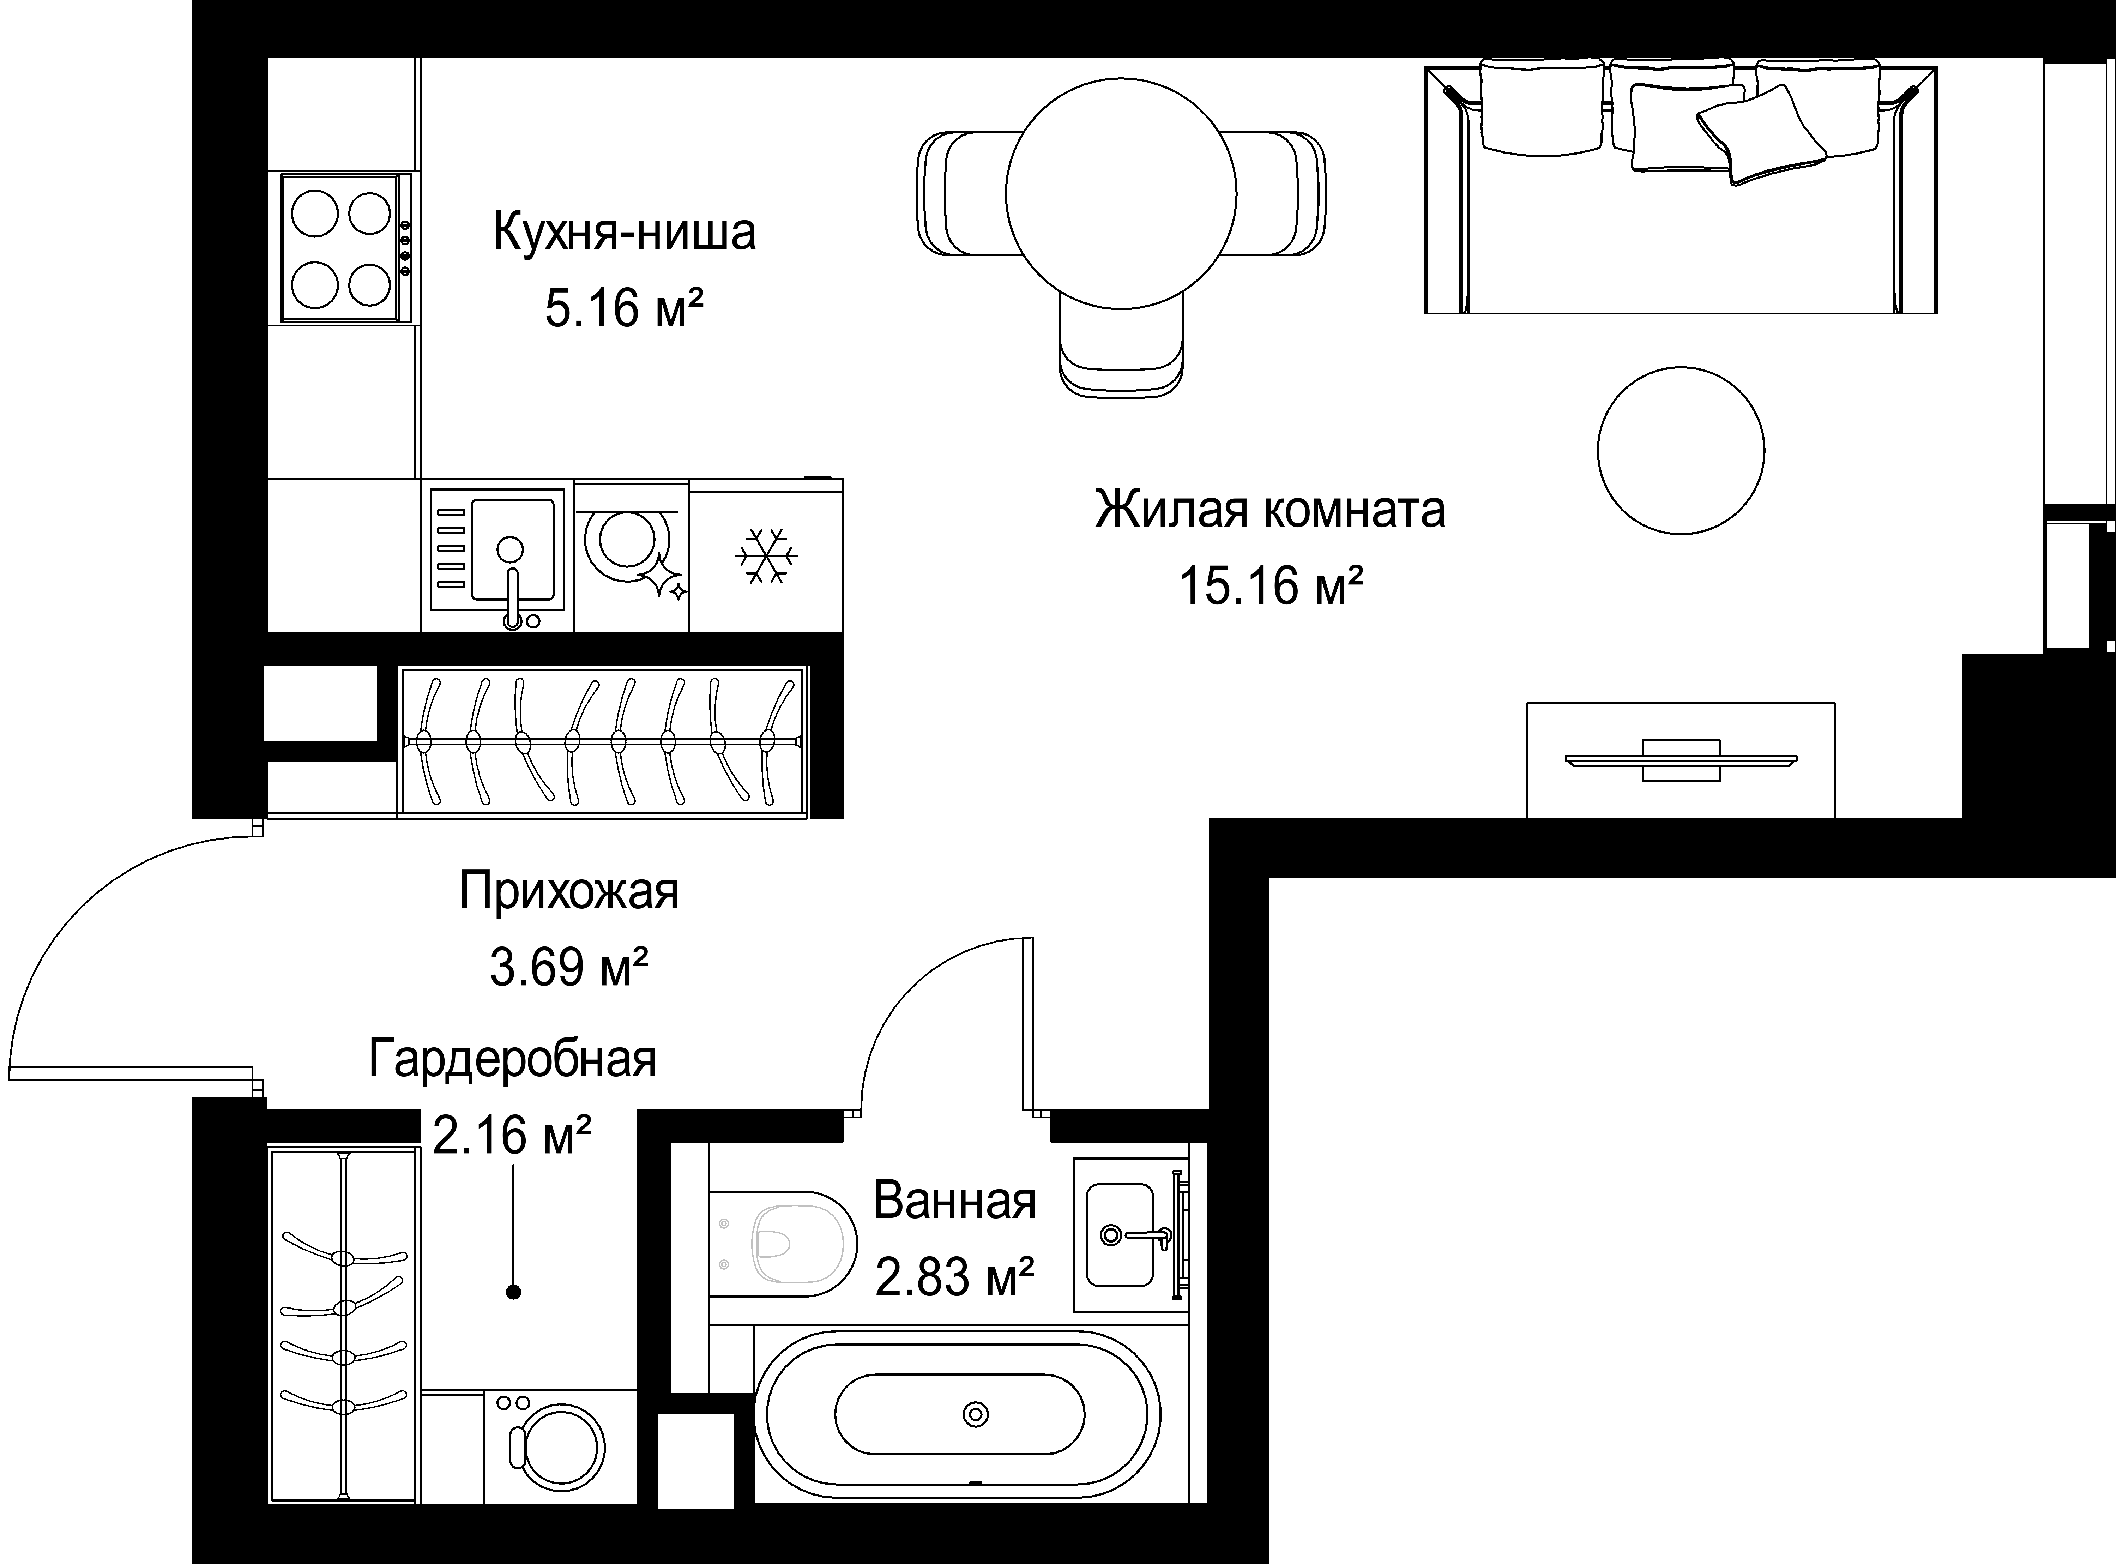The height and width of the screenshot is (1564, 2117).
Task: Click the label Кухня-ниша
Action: click(625, 233)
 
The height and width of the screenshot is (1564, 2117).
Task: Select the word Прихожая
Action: click(569, 892)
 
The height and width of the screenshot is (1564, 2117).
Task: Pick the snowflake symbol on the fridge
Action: click(766, 556)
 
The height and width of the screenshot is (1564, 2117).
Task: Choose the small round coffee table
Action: click(1681, 451)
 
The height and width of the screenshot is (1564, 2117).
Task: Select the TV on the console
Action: click(1681, 760)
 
